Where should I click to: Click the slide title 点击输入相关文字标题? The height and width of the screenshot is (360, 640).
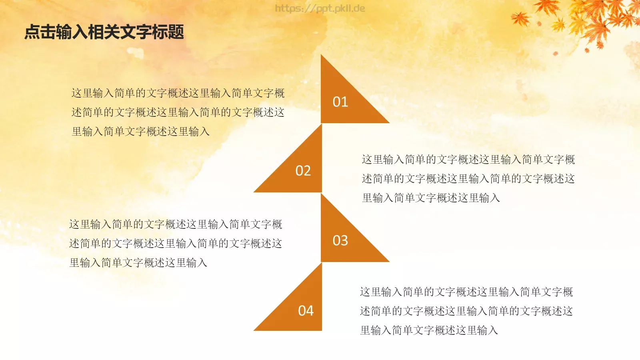[104, 32]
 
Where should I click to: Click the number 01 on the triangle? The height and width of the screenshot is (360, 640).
[340, 102]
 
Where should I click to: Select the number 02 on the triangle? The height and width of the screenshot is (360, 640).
[303, 171]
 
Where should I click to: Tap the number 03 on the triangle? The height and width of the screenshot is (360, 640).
[340, 240]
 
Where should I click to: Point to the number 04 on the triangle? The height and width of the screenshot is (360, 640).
[306, 311]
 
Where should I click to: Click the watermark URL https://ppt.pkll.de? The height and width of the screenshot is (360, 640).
[320, 8]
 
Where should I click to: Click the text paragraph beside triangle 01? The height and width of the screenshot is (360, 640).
[178, 112]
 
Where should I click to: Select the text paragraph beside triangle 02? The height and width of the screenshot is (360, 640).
[468, 179]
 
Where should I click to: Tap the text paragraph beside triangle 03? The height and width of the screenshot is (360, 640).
[176, 244]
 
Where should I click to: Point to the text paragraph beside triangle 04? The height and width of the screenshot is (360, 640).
[466, 311]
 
